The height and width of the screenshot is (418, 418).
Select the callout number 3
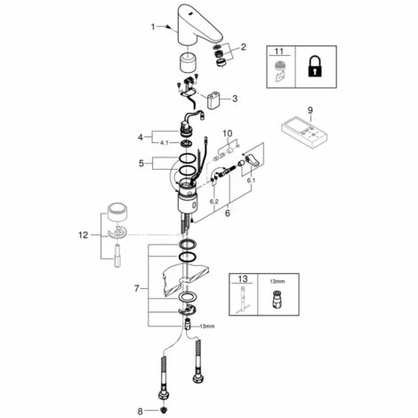coord(237,99)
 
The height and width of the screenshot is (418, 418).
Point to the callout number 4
coord(140,137)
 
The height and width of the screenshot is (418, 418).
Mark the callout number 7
coord(135,290)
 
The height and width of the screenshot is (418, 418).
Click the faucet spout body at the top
coord(202,22)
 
